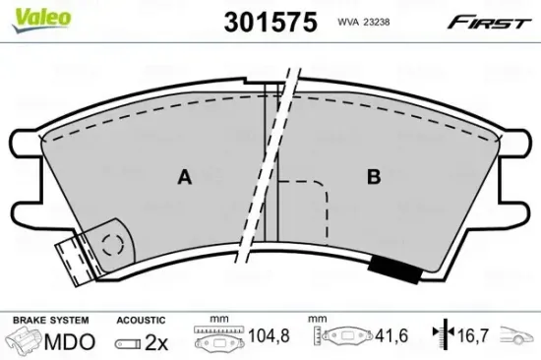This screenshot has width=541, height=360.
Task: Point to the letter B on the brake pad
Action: pyautogui.click(x=374, y=177)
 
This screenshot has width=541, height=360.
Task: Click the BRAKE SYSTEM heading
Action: pyautogui.click(x=48, y=321)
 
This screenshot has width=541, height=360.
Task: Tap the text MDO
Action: pyautogui.click(x=71, y=340)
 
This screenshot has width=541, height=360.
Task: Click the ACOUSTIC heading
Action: pyautogui.click(x=140, y=321)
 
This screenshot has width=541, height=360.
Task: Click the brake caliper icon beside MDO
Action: pyautogui.click(x=27, y=340)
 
